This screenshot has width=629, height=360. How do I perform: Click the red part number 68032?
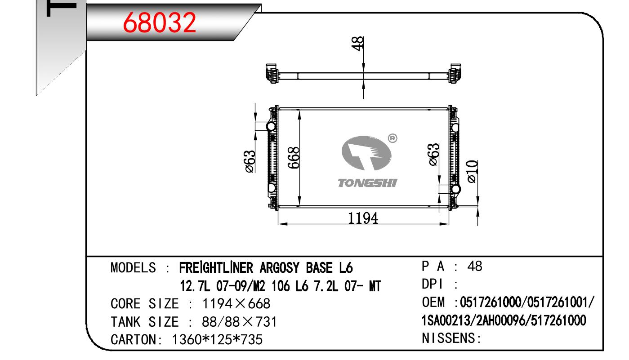pyautogui.click(x=159, y=22)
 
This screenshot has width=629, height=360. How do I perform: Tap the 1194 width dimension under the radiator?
pyautogui.click(x=363, y=218)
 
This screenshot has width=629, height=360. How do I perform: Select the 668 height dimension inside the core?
pyautogui.click(x=294, y=158)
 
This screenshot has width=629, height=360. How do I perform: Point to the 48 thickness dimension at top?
pyautogui.click(x=357, y=44)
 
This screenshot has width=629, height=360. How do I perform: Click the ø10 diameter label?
pyautogui.click(x=472, y=171)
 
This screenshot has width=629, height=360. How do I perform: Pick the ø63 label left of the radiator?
pyautogui.click(x=250, y=161)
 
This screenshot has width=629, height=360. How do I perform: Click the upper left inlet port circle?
pyautogui.click(x=271, y=127)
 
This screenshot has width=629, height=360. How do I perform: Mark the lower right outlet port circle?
pyautogui.click(x=455, y=189)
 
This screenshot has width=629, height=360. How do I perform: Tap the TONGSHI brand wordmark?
pyautogui.click(x=367, y=183)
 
